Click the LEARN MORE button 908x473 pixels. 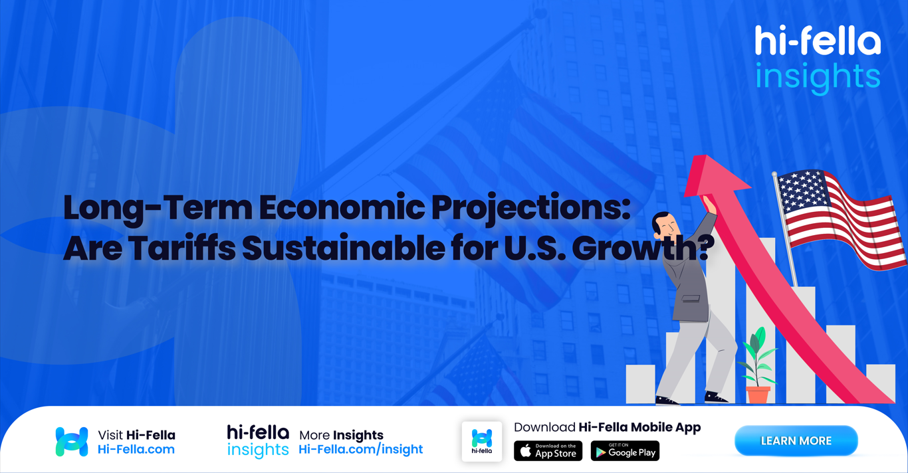click(796, 441)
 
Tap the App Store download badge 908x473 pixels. click(548, 451)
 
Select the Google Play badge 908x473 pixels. click(625, 451)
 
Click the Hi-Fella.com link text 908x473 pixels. click(136, 450)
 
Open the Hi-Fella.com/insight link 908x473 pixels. click(360, 450)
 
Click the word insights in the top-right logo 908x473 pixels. click(818, 76)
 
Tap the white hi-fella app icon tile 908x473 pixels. click(482, 441)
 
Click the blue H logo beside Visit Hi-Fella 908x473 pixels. click(72, 442)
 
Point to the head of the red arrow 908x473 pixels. click(713, 174)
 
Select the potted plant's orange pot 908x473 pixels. click(757, 395)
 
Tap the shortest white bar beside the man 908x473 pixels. click(639, 383)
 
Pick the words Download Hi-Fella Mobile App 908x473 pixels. click(607, 427)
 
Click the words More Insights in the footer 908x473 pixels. click(341, 435)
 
